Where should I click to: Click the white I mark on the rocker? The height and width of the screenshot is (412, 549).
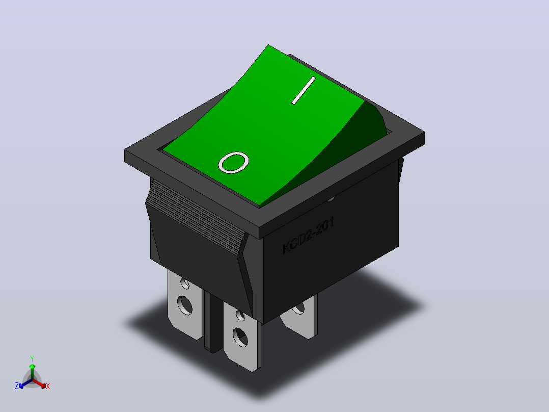click(x=304, y=90)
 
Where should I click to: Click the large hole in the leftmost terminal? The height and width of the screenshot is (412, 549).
click(x=184, y=305)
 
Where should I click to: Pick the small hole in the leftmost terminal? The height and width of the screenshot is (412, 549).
click(x=184, y=283)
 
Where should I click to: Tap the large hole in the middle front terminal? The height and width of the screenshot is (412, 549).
click(x=240, y=337)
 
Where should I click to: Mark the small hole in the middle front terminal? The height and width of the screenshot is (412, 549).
click(x=240, y=315)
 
